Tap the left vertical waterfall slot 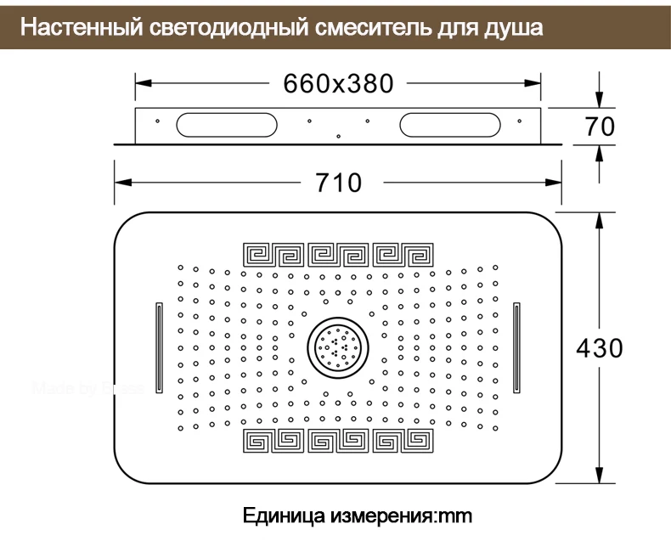159,347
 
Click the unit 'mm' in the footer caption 455,515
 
